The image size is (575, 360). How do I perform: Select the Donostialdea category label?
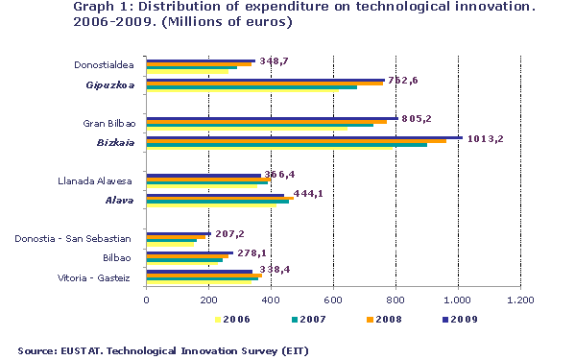click(107, 65)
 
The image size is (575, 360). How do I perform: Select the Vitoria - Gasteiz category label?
click(105, 277)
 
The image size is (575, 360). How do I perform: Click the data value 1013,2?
click(489, 138)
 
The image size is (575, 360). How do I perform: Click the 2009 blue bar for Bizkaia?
click(303, 137)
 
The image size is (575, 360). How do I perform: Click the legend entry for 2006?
click(236, 319)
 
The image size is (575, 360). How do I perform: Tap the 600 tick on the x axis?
click(333, 300)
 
